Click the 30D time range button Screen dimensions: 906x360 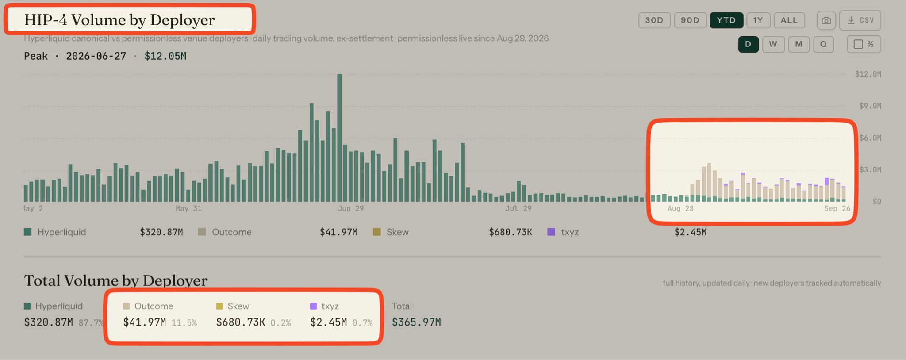point(654,20)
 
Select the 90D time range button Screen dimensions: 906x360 point(690,20)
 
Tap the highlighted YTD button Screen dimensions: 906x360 point(726,20)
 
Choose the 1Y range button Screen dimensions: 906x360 point(758,20)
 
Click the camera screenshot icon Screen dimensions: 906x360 point(826,20)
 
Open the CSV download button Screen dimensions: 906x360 point(860,20)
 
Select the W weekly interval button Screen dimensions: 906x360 point(773,44)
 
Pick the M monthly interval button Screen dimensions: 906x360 point(799,44)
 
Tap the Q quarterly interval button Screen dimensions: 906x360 point(823,44)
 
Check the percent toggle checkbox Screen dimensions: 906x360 point(858,44)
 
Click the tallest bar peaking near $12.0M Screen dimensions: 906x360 point(339,138)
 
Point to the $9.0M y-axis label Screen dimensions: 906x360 point(870,106)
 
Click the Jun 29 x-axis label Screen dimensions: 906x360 point(350,208)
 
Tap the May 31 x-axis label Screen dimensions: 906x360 point(188,208)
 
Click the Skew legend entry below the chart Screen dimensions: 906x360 point(391,232)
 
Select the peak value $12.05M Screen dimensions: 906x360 point(165,56)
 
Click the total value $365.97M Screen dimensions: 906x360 point(416,322)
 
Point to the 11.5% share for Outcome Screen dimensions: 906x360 point(184,323)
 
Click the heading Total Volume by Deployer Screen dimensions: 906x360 point(115,281)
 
